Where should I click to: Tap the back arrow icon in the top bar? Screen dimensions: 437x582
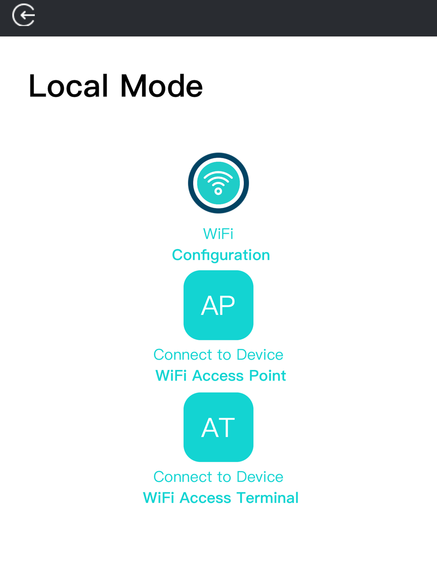click(24, 15)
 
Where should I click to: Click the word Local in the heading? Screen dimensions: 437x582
click(69, 86)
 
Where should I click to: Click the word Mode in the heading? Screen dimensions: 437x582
click(162, 86)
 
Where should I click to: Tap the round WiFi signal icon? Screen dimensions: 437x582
click(218, 183)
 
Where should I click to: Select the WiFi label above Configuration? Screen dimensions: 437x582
click(218, 234)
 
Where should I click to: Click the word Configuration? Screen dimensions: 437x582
click(221, 255)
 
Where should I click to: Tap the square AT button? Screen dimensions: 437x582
click(218, 427)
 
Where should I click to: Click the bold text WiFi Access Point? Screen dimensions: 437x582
click(221, 376)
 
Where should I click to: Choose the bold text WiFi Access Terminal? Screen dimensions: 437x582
click(221, 498)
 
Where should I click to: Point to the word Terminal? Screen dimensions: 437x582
click(267, 498)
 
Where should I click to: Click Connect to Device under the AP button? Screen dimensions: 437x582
click(218, 355)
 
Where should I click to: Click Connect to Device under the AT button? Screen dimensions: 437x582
click(218, 477)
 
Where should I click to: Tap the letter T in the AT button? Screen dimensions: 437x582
click(226, 428)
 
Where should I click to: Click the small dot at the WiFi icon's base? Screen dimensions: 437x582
click(218, 191)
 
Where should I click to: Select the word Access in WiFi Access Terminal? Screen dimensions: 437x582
click(205, 498)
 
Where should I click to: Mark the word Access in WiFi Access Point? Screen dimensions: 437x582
click(218, 376)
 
